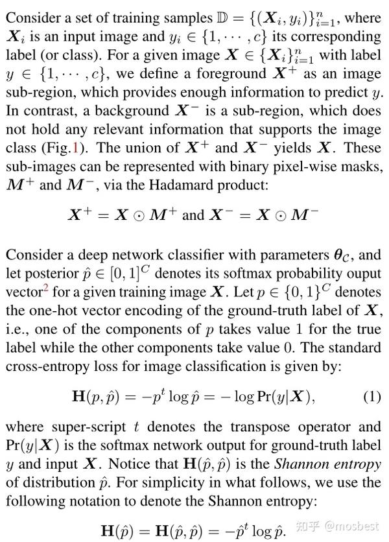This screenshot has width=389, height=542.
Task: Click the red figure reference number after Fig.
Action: point(77,148)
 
